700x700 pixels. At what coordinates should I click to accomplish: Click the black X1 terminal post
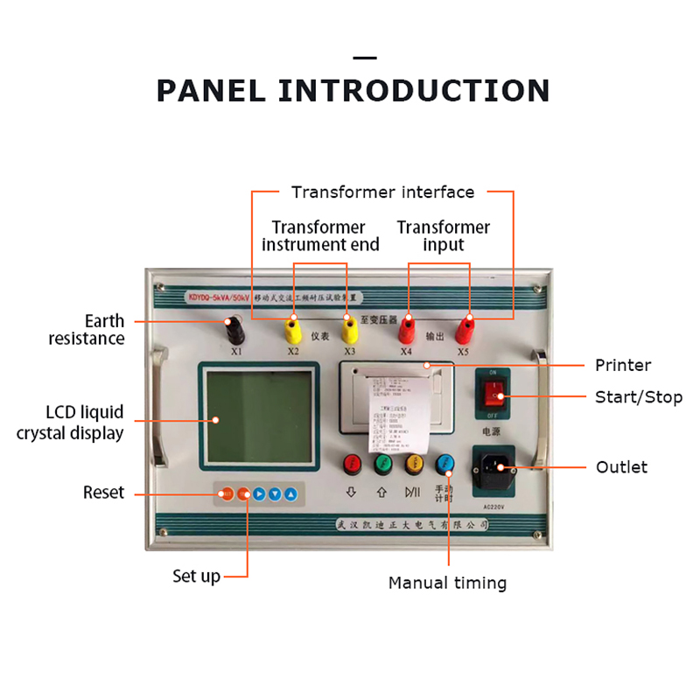coord(234,329)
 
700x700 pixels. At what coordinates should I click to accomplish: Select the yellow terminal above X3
coord(349,332)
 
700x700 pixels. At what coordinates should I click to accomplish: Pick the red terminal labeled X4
coord(407,331)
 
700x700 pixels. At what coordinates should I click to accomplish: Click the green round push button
coord(382,463)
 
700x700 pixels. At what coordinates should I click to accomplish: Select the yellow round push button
coord(414,463)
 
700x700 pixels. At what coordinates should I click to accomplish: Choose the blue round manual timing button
coord(446,463)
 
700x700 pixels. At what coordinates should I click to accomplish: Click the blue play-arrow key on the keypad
coord(260,493)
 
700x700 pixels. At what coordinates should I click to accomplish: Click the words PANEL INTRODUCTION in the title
coord(353,90)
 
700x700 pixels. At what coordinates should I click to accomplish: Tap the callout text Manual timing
coord(447,583)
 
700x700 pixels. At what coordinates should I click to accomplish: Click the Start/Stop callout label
coord(639,397)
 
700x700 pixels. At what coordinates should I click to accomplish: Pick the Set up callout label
coord(196,577)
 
